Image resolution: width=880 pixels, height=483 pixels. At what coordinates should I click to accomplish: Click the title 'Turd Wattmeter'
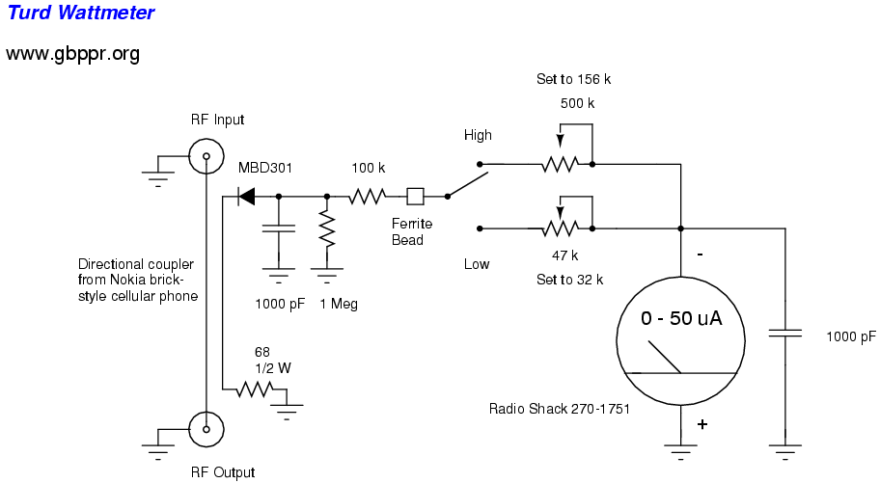pos(80,13)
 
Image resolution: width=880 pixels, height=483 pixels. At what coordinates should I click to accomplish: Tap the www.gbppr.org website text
pos(73,53)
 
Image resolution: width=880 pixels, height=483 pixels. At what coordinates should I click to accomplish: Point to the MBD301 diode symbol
pos(247,197)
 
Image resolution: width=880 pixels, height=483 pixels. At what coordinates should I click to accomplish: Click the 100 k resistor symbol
pos(367,197)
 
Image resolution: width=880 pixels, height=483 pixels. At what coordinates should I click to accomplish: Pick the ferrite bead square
pos(416,197)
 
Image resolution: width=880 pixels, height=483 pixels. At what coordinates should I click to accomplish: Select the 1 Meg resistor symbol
pos(327,229)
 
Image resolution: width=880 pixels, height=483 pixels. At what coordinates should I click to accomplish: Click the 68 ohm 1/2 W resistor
pos(257,390)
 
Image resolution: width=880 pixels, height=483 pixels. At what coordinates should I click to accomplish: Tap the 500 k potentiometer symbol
pos(559,164)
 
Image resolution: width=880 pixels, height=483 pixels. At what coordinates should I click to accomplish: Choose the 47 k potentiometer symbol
pos(559,229)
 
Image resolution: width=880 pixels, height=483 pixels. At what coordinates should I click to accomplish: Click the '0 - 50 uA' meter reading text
pos(681,319)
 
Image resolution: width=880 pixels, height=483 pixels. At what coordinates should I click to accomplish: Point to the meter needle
pos(665,357)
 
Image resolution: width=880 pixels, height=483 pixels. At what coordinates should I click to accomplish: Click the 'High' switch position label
pos(478,135)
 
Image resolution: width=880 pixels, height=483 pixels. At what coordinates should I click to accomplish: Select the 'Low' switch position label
pos(477,264)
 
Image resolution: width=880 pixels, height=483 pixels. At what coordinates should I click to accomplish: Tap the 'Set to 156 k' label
pos(574,79)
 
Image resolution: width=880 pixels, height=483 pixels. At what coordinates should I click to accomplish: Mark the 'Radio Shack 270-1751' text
pos(560,409)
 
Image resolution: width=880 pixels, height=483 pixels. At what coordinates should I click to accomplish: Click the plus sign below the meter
pos(702,424)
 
